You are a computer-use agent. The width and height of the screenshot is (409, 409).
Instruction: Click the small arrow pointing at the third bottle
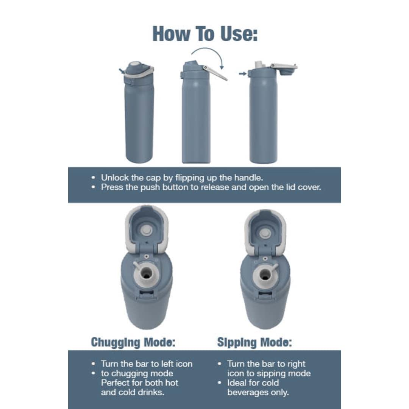click(243, 73)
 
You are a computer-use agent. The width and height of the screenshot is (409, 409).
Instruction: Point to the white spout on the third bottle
click(258, 64)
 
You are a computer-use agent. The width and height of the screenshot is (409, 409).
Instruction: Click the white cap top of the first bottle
click(135, 64)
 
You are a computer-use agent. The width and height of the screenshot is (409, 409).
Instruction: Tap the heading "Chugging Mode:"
click(133, 342)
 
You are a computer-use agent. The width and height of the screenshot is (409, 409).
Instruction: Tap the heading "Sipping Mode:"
click(254, 342)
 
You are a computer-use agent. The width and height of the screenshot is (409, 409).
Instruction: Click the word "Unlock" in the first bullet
click(115, 178)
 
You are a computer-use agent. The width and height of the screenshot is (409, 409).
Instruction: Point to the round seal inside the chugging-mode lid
click(146, 231)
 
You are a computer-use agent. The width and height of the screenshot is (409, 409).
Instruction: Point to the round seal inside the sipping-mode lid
click(265, 233)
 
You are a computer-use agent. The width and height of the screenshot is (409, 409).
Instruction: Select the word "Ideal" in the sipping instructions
click(237, 382)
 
